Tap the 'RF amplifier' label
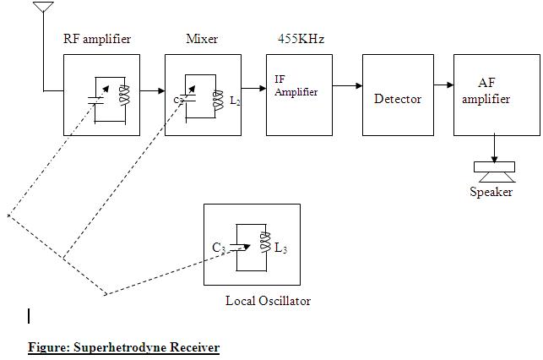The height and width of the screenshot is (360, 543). tap(97, 40)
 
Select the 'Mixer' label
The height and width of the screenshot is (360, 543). tap(202, 40)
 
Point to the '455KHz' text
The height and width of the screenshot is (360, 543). tap(301, 40)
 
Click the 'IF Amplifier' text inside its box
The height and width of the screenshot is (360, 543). tap(296, 85)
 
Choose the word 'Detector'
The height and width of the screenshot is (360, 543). tap(398, 99)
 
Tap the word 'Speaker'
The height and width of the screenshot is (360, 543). tap(491, 192)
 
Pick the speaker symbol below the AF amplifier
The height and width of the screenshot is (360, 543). tap(496, 172)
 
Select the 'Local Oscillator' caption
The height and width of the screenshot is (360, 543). tap(268, 301)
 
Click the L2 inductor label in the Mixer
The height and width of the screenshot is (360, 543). tap(236, 101)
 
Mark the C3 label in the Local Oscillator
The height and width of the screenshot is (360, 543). tap(219, 248)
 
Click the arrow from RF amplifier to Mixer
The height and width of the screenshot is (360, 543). tap(152, 88)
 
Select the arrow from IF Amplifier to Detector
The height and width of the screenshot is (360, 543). tap(347, 85)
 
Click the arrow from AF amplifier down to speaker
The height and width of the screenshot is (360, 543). tap(495, 149)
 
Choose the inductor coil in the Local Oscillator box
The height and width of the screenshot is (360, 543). tap(264, 246)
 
